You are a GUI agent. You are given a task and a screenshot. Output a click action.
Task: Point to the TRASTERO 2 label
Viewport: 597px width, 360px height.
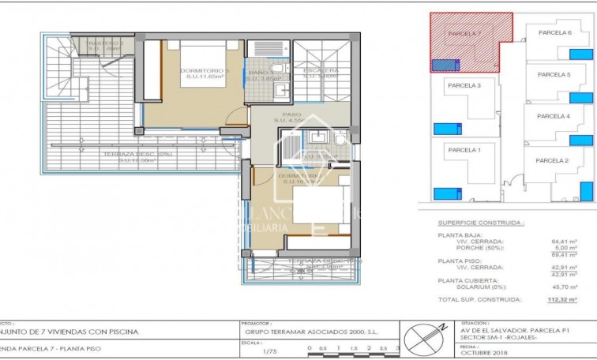(x=106, y=45)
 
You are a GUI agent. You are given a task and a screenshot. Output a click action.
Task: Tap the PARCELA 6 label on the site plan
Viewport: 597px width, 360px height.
(x=554, y=33)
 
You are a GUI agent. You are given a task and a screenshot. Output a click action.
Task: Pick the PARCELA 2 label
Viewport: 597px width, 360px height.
(x=552, y=160)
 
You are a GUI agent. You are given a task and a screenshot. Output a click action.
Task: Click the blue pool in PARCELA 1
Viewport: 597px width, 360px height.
(x=446, y=192)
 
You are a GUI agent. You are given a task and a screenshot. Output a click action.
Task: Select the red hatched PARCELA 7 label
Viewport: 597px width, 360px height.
(x=463, y=35)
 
